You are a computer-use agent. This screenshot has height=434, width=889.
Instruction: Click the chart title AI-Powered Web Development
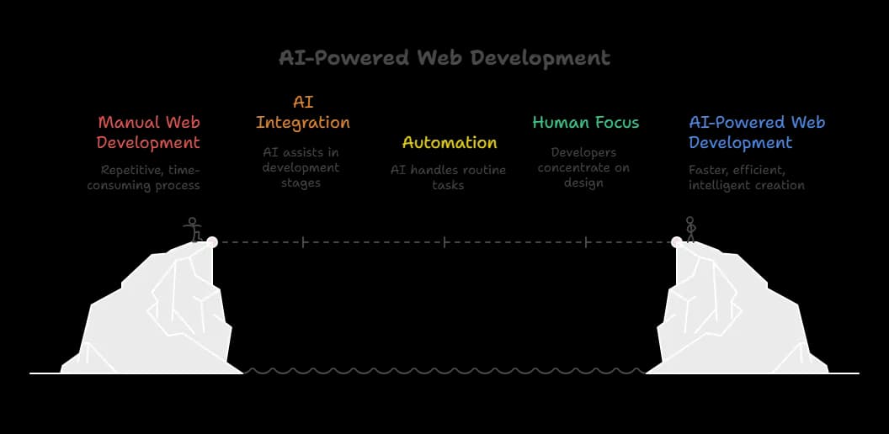click(x=444, y=58)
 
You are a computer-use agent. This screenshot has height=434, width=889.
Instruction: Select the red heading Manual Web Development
click(x=149, y=133)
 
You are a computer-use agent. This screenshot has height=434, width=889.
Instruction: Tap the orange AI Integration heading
click(x=303, y=113)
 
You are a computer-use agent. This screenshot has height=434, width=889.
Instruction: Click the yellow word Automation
click(x=450, y=142)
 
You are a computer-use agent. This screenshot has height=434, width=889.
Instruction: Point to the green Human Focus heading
click(x=585, y=123)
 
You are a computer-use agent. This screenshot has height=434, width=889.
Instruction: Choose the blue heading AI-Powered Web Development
click(x=756, y=133)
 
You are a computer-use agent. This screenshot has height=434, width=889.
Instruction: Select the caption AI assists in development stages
click(x=301, y=167)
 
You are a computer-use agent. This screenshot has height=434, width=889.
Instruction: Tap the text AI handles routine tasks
click(x=448, y=177)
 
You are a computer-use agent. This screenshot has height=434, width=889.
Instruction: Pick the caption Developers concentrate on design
click(x=583, y=167)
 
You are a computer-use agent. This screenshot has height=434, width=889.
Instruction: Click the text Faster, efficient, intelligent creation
click(x=746, y=177)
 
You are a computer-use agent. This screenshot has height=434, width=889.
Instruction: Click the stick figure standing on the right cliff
click(x=690, y=230)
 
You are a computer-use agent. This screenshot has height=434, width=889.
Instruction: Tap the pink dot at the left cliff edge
click(x=212, y=242)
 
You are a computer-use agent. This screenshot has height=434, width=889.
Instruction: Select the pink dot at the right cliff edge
click(x=677, y=242)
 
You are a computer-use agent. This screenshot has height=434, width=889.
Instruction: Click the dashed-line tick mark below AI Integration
click(x=303, y=242)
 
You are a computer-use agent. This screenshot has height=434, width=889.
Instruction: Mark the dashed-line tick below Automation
click(x=444, y=242)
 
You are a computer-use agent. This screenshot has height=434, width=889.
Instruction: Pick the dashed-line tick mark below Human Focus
click(x=586, y=242)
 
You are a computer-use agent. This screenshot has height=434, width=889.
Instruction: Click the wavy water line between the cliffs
click(x=444, y=370)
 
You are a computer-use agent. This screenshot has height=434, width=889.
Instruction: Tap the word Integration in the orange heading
click(x=303, y=123)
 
